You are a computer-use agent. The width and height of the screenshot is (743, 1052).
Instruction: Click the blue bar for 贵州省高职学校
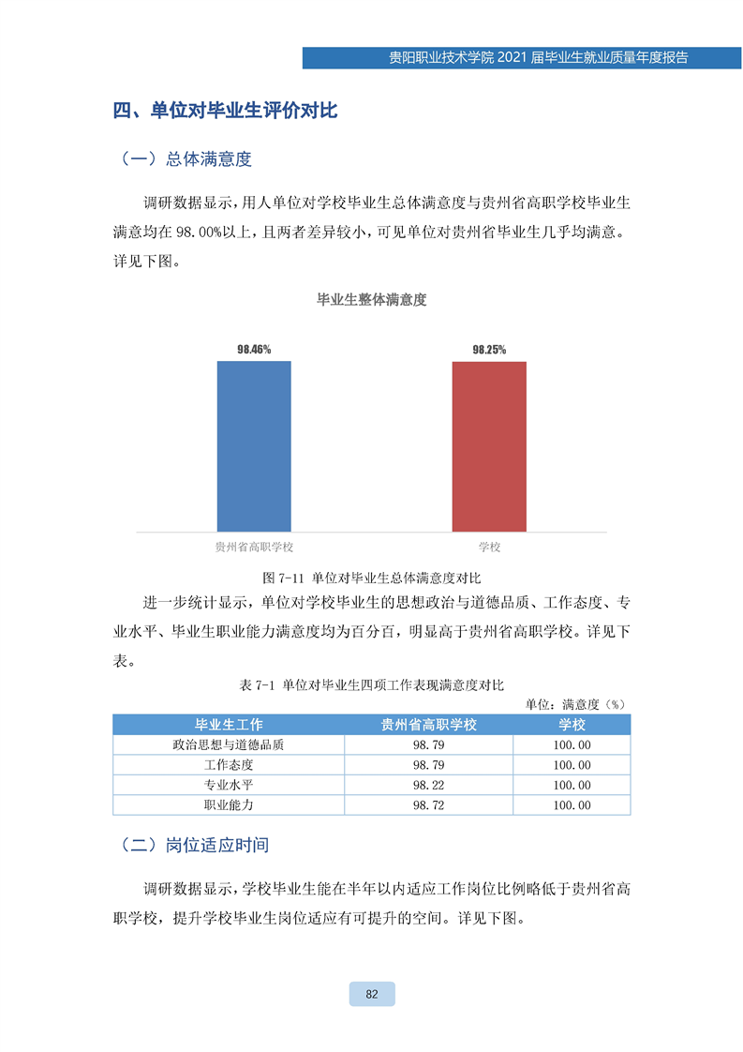[x=254, y=446]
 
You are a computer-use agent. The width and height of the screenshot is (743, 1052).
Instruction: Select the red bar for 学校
[x=489, y=446]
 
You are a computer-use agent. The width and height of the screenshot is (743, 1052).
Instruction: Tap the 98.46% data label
[x=254, y=350]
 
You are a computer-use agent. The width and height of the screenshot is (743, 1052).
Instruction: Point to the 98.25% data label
[x=489, y=350]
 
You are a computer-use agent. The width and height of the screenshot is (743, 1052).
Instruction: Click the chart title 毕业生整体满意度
[x=372, y=300]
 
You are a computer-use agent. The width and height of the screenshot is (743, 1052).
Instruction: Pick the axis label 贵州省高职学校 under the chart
[x=254, y=547]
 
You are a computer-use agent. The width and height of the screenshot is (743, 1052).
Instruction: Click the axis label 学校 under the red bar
[x=489, y=547]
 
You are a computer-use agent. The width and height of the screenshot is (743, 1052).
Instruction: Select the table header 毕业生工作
[x=229, y=725]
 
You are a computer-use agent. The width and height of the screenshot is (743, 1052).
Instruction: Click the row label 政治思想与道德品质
[x=229, y=745]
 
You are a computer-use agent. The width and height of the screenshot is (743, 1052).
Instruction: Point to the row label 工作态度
[x=229, y=765]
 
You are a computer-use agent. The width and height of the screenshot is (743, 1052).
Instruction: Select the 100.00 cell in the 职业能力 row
[x=572, y=805]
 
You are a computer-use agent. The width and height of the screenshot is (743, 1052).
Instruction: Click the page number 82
[x=372, y=994]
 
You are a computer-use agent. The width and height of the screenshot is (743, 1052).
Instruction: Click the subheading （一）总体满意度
[x=186, y=159]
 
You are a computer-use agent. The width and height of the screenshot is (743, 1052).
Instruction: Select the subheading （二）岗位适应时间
[x=195, y=845]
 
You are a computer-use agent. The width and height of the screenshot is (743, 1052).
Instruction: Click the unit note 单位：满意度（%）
[x=574, y=703]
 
